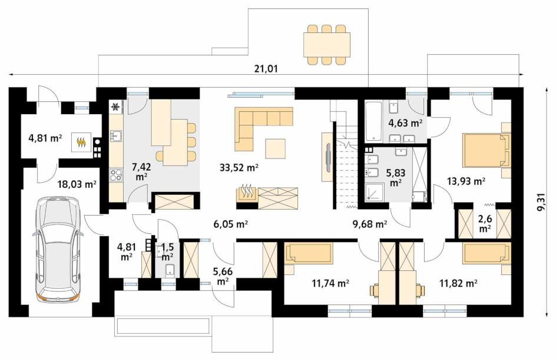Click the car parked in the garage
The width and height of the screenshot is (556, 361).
[57, 250]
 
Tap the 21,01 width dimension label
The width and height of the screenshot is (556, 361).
[266, 69]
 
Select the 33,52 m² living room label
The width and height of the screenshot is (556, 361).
[239, 167]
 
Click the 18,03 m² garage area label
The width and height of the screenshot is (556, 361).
[77, 184]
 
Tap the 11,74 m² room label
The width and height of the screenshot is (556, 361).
[330, 283]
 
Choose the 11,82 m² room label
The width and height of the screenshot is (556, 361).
[458, 283]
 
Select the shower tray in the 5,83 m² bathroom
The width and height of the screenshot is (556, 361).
[375, 193]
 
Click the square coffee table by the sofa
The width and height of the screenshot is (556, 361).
[275, 149]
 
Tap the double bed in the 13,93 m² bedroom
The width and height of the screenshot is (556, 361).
[486, 150]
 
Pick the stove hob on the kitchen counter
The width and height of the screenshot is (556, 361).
[115, 175]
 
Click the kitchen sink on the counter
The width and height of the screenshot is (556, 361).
[115, 135]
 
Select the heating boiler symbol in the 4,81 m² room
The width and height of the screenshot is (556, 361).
[82, 142]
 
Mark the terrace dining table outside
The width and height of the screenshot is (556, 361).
[326, 45]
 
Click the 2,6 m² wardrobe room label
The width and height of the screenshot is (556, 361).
[485, 223]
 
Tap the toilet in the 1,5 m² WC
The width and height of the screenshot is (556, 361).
[170, 270]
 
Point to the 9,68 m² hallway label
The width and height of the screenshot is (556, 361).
[370, 224]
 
